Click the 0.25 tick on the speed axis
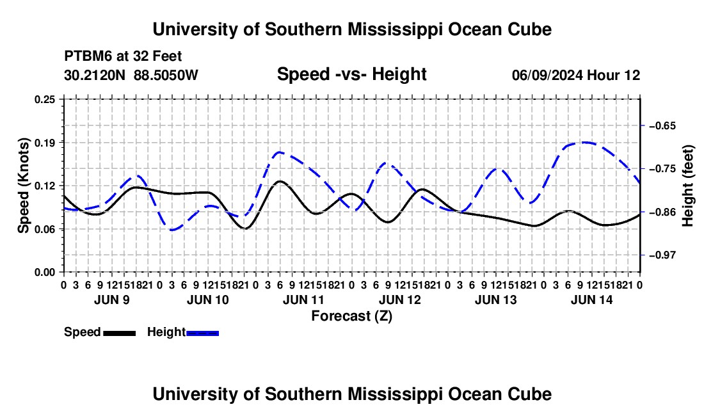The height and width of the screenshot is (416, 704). tap(45, 99)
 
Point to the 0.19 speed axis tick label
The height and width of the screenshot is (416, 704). tap(45, 143)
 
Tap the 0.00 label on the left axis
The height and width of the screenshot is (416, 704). tap(45, 273)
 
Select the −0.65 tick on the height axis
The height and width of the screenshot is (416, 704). tap(662, 125)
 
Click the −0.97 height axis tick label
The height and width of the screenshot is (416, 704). tap(662, 255)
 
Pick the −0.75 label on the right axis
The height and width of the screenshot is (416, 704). tap(662, 169)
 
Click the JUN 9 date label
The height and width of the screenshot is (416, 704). tap(112, 300)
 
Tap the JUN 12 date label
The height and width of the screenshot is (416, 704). tap(400, 300)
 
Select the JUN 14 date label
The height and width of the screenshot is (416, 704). tap(592, 300)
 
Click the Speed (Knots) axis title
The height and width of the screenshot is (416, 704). tap(23, 186)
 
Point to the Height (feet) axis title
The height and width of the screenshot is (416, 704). tap(688, 186)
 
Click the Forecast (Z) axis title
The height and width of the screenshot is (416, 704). tap(352, 316)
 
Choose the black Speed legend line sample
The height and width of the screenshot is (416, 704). tap(120, 333)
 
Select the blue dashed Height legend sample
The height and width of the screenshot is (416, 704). tap(202, 333)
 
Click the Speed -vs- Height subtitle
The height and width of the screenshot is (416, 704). tap(351, 74)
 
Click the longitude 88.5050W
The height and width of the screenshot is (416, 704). tap(166, 75)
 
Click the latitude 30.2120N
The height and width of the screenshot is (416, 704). tap(95, 75)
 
